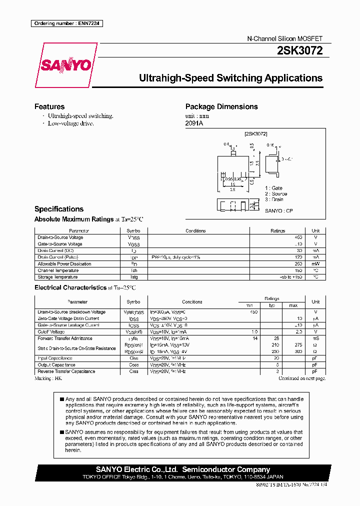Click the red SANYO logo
point(65,65)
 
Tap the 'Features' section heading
point(49,106)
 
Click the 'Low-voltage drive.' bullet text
point(70,123)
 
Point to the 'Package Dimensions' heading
point(221,106)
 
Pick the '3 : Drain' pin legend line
point(274,199)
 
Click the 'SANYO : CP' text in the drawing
point(279,211)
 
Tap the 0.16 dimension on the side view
point(270,145)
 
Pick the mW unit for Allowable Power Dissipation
point(315,263)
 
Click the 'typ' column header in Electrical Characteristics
point(272,305)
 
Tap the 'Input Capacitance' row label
point(55,358)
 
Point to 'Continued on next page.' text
point(301,378)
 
